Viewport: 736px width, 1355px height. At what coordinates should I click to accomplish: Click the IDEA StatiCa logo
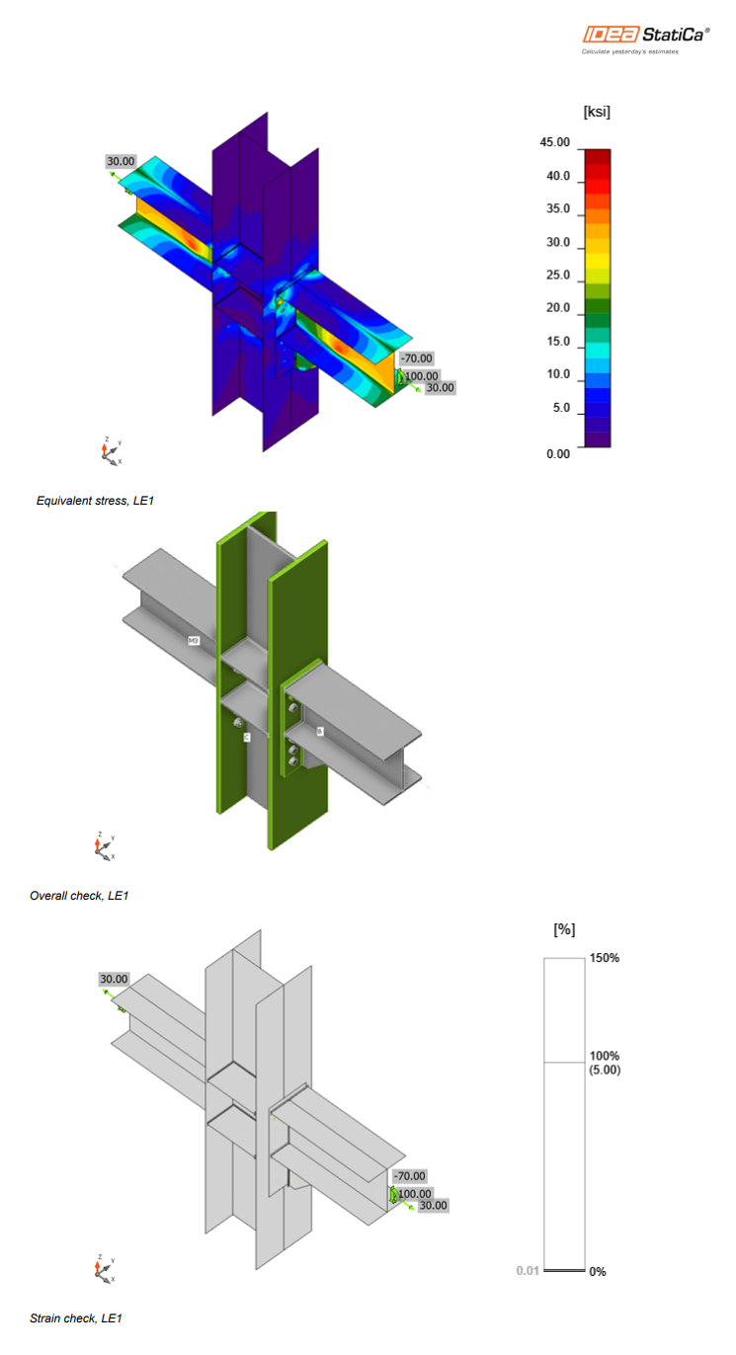click(x=644, y=35)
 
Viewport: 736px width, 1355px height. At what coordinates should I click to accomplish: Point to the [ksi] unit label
click(x=597, y=112)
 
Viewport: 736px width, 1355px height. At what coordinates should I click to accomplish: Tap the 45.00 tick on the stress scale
click(x=555, y=142)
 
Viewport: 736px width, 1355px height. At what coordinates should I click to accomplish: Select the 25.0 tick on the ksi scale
click(x=558, y=276)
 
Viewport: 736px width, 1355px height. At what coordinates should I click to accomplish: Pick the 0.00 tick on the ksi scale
click(x=558, y=454)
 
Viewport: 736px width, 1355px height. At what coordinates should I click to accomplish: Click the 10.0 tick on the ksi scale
click(x=558, y=374)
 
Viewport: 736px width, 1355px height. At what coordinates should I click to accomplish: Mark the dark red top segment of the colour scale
click(x=597, y=156)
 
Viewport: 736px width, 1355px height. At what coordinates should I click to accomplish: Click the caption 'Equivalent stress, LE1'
click(x=95, y=501)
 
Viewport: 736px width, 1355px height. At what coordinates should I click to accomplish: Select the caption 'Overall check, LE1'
click(x=79, y=896)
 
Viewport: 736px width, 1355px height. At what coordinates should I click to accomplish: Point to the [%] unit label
click(x=565, y=929)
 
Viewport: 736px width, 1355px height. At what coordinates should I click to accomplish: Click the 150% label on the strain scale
click(x=605, y=958)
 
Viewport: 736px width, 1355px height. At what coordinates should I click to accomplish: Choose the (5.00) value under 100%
click(x=605, y=1070)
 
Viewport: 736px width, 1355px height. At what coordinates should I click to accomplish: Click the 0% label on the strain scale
click(x=598, y=1272)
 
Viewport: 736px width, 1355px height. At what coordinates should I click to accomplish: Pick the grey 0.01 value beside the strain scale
click(x=528, y=1270)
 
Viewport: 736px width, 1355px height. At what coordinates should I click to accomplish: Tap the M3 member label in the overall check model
click(x=195, y=641)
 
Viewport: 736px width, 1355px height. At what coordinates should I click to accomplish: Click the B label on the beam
click(x=320, y=731)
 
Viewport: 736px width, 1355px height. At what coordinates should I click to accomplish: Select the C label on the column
click(x=247, y=737)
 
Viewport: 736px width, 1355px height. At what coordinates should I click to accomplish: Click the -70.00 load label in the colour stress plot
click(x=416, y=359)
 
